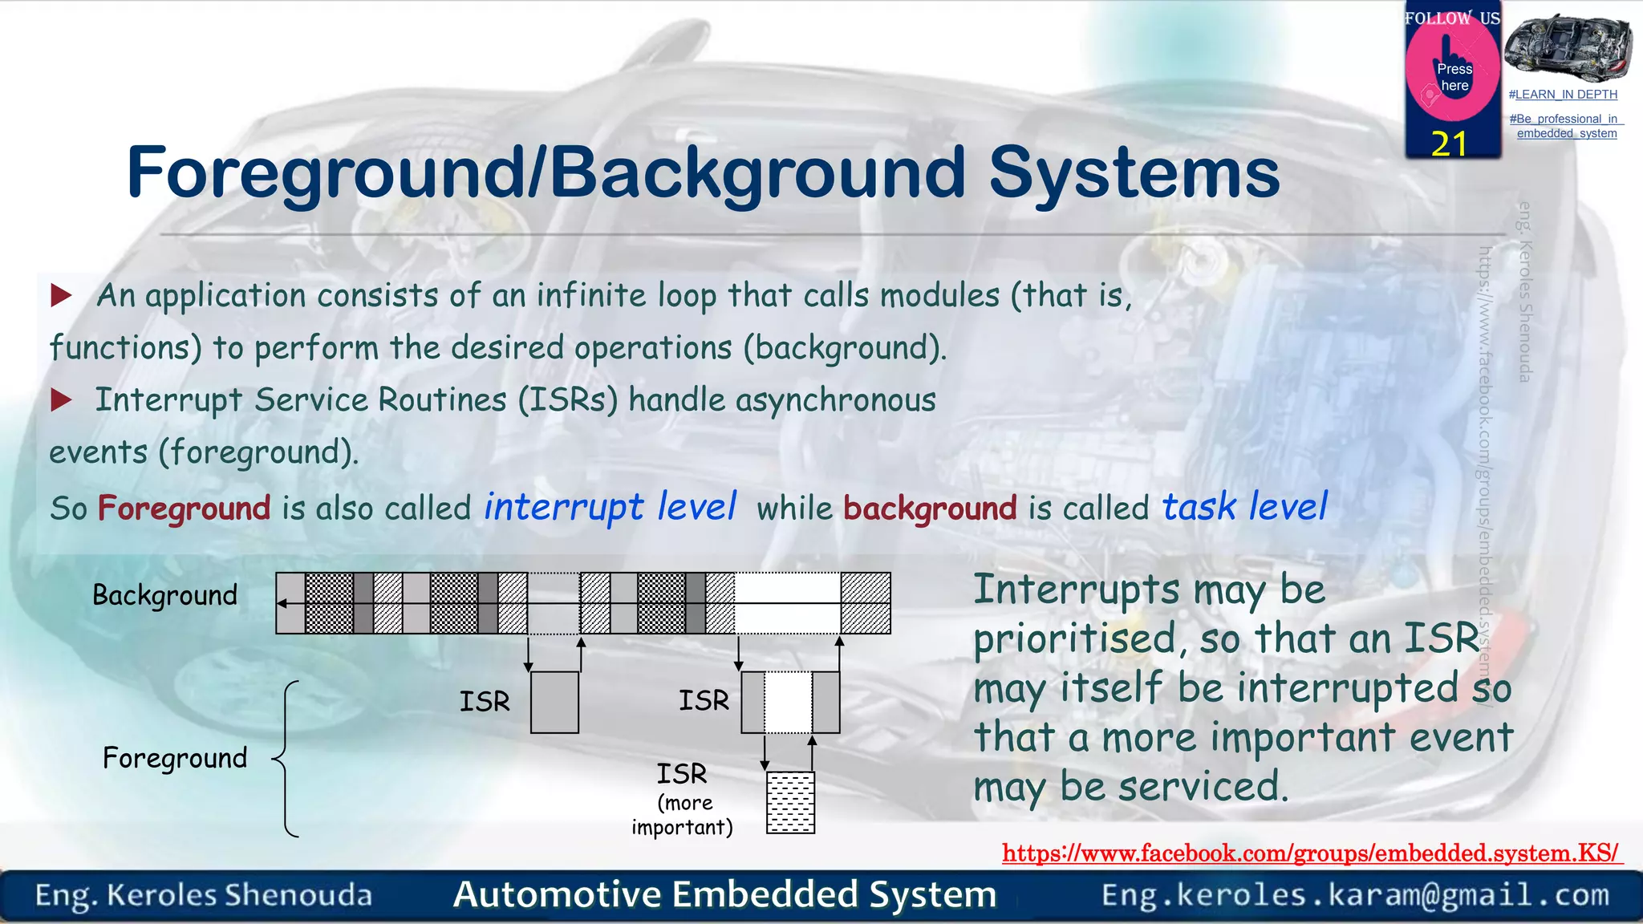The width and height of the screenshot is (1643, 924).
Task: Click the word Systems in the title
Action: click(1134, 172)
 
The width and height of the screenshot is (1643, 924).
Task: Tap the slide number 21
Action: click(1449, 144)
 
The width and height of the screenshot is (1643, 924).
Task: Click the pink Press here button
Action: click(1454, 77)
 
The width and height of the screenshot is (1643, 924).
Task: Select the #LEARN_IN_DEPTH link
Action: click(1563, 95)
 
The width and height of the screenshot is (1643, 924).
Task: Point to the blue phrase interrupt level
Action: click(610, 507)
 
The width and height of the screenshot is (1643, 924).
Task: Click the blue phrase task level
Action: click(1245, 507)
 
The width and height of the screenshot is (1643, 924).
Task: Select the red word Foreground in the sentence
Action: click(184, 509)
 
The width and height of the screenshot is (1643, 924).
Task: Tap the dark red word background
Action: click(930, 509)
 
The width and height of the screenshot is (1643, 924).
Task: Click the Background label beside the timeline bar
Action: click(164, 595)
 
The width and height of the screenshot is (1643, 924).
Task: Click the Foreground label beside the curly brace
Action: click(175, 758)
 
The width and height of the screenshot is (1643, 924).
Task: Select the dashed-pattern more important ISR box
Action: click(790, 802)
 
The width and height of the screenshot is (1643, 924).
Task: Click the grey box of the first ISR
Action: click(554, 703)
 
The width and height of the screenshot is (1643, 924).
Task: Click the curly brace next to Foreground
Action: click(287, 759)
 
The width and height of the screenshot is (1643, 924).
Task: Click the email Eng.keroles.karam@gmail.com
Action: click(1355, 894)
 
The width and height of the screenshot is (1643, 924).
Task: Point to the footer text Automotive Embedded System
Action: click(724, 894)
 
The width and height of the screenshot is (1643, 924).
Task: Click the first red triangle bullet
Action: click(61, 295)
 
